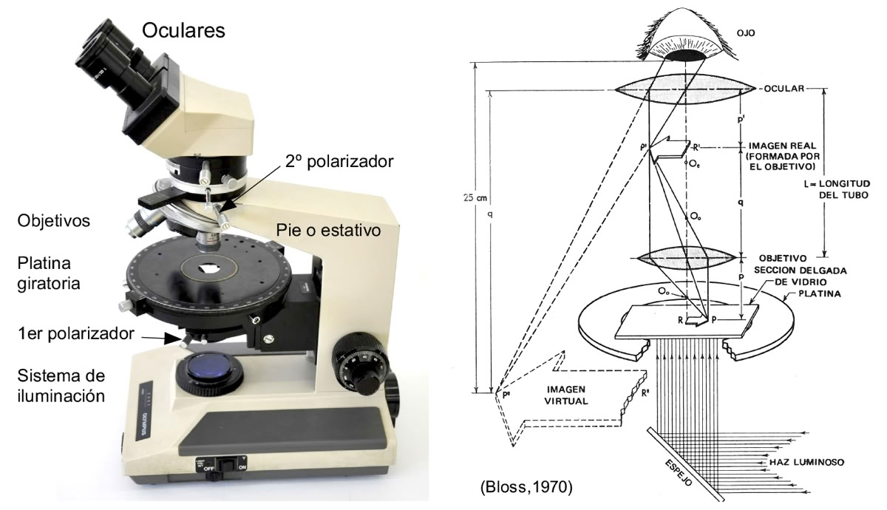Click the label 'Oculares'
tap(183, 31)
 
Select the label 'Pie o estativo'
tap(329, 231)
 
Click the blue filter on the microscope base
tap(208, 370)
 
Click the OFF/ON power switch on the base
tap(221, 466)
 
